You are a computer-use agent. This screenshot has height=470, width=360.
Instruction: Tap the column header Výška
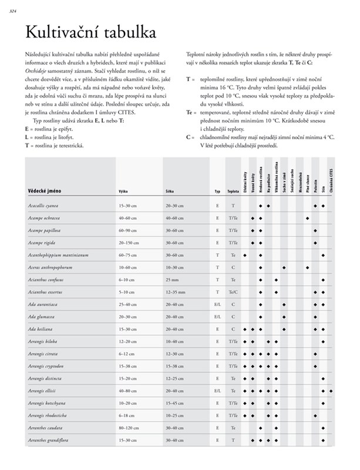click(x=124, y=192)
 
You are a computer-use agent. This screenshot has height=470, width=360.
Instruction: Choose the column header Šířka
click(x=170, y=192)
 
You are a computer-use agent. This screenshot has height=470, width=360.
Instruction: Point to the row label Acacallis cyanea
click(x=44, y=206)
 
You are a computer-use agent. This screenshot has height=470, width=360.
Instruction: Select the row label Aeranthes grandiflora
click(x=48, y=439)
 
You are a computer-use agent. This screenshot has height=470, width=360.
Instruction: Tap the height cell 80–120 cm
click(x=130, y=427)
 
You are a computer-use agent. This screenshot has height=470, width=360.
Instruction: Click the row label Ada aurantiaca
click(x=42, y=304)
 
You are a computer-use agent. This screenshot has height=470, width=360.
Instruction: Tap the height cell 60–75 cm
click(x=129, y=255)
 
